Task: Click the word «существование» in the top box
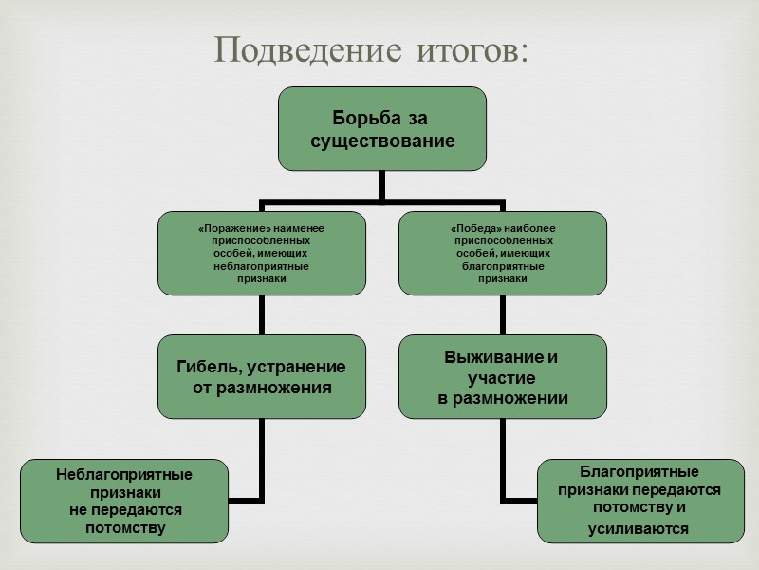(x=382, y=142)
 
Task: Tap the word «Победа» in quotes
(x=471, y=230)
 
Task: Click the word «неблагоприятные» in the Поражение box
(x=261, y=267)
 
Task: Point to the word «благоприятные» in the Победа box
(x=503, y=267)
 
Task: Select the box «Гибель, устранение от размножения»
(x=261, y=376)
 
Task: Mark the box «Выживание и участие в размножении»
(x=502, y=376)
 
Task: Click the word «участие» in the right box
(x=503, y=378)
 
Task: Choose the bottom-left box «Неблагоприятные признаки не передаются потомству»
(x=124, y=501)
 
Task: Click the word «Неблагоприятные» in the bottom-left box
(x=124, y=473)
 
